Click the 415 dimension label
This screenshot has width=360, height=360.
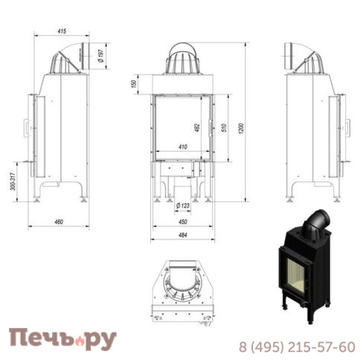(62, 31)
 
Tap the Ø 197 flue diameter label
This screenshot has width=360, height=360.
(101, 56)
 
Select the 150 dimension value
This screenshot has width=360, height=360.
(134, 84)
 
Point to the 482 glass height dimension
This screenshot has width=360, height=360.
(197, 128)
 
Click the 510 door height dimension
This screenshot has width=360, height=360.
(224, 128)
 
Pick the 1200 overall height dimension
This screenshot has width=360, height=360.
(241, 129)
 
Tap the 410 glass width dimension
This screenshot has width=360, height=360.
(183, 147)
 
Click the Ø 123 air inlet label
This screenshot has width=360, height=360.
(183, 205)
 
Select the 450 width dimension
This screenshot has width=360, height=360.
(183, 222)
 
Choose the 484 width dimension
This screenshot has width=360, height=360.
(183, 235)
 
